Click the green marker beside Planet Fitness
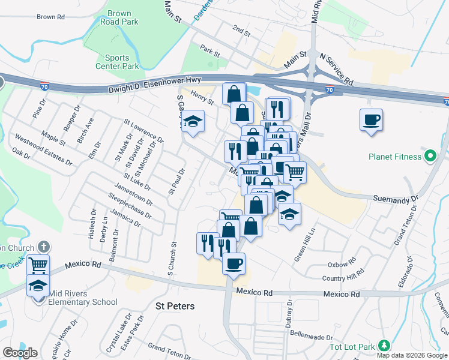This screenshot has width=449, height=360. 429,157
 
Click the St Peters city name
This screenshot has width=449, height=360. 175,306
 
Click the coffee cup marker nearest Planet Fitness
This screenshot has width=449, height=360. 371,120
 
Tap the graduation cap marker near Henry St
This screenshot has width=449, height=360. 193,122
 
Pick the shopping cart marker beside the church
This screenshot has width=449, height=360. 38,264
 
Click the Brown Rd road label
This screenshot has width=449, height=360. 50,17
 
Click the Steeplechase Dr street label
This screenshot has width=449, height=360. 128,203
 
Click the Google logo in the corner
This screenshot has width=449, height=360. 19,353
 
